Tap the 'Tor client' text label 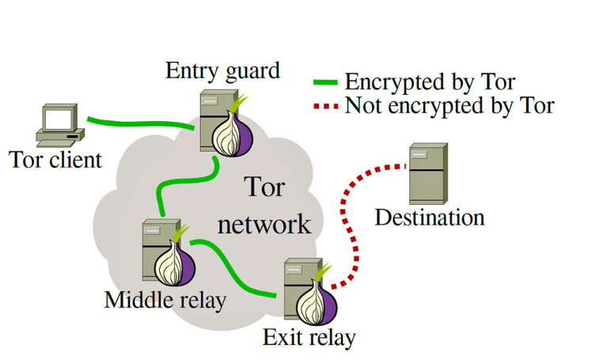pos(56,161)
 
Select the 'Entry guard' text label pos(222,70)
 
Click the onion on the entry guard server pos(232,131)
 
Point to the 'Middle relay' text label pos(165,300)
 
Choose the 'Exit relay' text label pos(309,338)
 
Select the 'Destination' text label pos(429,217)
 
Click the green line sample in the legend pos(327,82)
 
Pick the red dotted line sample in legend pos(327,104)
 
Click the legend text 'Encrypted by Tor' pos(430,82)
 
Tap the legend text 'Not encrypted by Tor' pos(449,104)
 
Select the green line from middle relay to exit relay pos(237,274)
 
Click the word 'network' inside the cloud pos(264,224)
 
